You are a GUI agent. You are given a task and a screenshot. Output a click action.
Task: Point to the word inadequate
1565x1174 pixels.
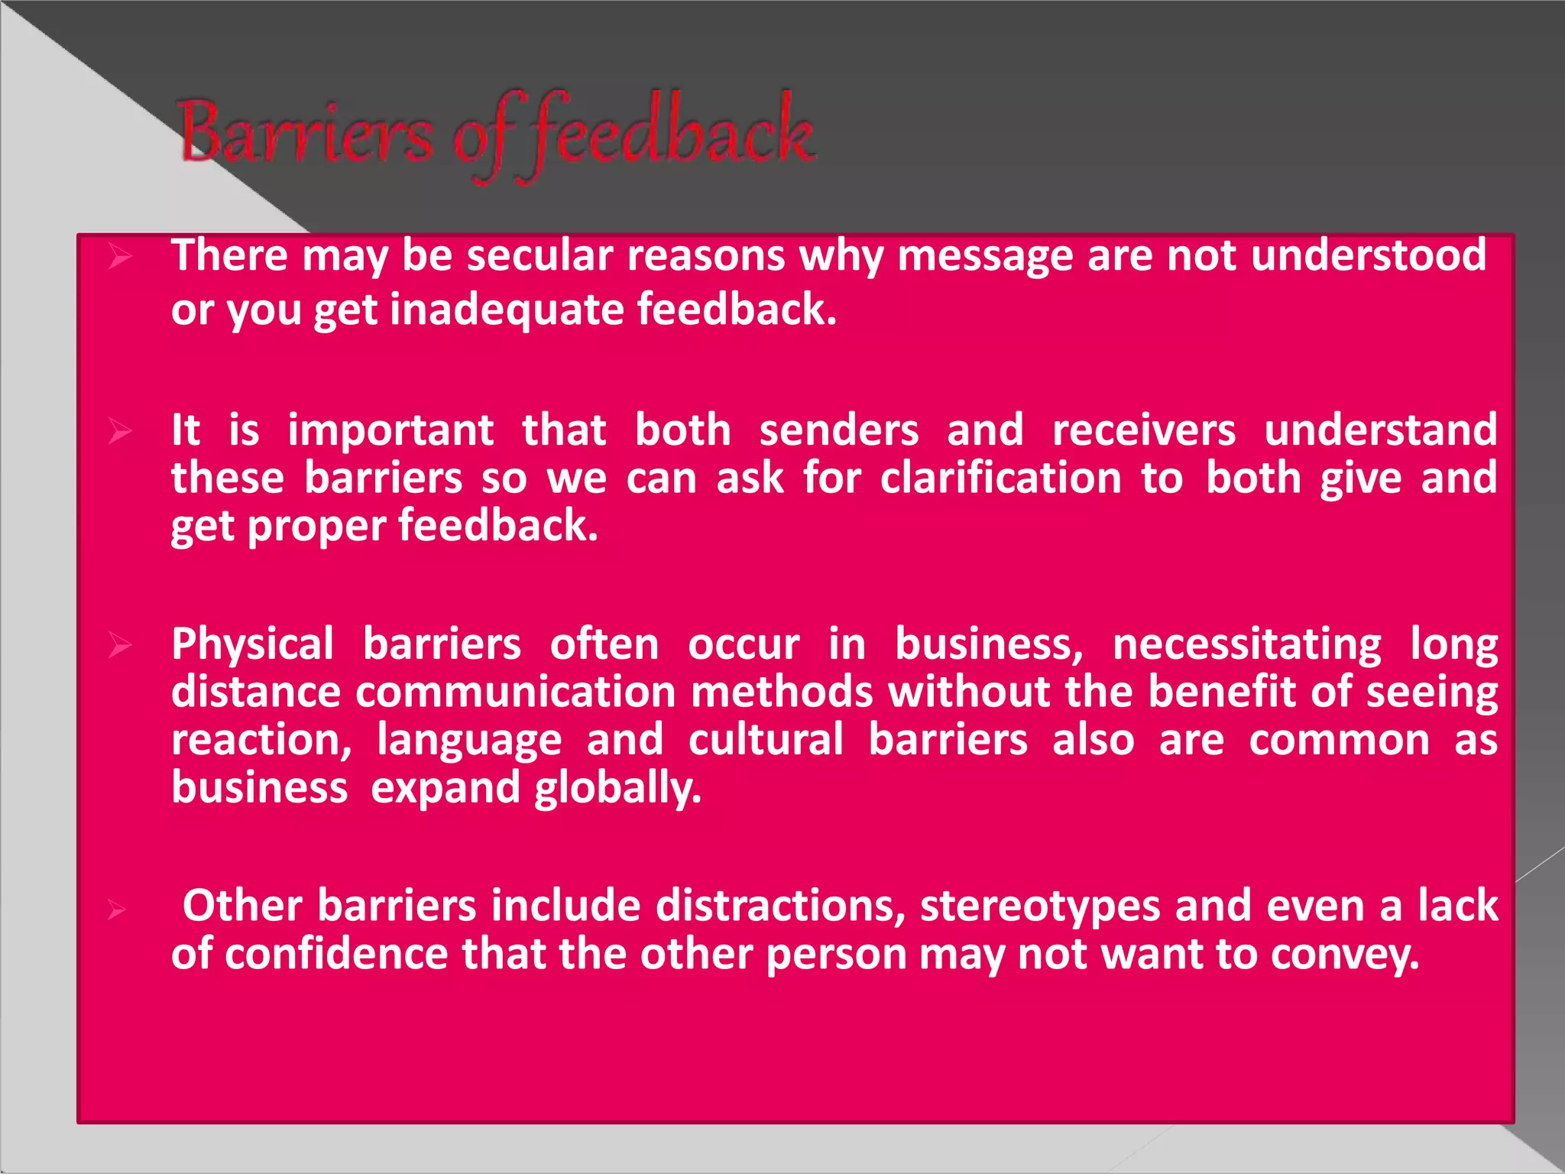507,310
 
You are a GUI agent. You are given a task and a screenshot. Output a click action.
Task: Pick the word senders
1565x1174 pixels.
838,430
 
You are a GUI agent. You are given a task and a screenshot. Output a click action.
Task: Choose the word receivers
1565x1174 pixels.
1143,430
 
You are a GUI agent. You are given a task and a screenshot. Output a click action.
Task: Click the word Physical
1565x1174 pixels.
252,644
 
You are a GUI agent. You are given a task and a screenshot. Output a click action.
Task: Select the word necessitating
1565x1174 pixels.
1246,644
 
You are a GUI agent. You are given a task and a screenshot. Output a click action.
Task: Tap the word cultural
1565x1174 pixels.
766,741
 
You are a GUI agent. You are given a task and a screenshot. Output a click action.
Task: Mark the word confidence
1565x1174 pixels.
336,955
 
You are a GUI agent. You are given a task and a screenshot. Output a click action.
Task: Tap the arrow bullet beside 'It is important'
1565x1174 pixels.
119,431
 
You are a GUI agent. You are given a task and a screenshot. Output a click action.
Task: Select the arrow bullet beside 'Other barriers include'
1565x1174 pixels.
116,910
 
